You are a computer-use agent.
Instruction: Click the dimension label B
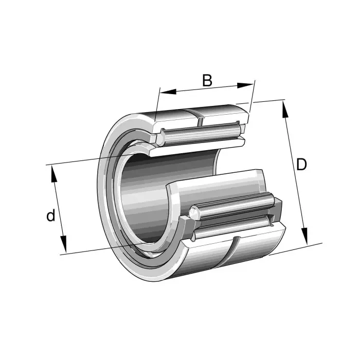pyautogui.click(x=207, y=80)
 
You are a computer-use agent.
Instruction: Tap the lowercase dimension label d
pyautogui.click(x=50, y=215)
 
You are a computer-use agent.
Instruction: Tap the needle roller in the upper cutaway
pyautogui.click(x=201, y=134)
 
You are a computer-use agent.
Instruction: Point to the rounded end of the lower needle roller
pyautogui.click(x=194, y=212)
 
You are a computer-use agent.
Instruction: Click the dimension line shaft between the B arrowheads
pyautogui.click(x=206, y=89)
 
